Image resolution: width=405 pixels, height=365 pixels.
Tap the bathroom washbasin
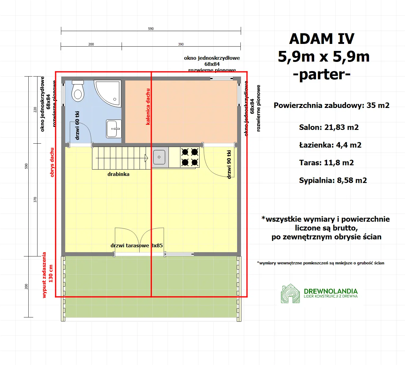[x=113, y=129]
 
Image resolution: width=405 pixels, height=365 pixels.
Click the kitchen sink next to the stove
[x=159, y=157]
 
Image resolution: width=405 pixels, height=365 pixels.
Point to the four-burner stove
[x=190, y=157]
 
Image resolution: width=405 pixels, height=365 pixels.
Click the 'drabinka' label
[x=118, y=174]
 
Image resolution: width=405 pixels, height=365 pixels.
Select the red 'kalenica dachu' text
[x=148, y=107]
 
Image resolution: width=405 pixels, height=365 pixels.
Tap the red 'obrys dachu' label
[x=52, y=162]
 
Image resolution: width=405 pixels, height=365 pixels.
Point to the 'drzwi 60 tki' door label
[x=77, y=125]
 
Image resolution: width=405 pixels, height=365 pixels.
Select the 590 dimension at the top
[x=151, y=29]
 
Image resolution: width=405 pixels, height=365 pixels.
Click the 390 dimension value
[x=181, y=44]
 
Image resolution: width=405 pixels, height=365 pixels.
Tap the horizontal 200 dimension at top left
[x=91, y=44]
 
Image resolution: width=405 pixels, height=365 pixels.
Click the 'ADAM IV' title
[x=322, y=39]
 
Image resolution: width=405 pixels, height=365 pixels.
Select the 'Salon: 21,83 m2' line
[x=329, y=127]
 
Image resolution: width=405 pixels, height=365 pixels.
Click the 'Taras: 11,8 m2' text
[x=326, y=163]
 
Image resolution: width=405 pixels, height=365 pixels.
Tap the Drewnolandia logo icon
[x=290, y=294]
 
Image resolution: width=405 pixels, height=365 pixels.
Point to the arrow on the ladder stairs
[x=146, y=158]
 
